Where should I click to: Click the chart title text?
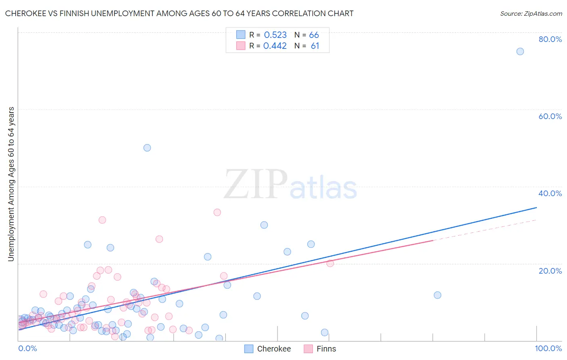179,13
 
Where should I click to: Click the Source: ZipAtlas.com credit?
531,13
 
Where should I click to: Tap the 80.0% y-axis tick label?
550,39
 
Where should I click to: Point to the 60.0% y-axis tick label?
550,116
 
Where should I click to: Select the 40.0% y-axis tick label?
550,193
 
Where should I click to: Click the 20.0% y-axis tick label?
550,271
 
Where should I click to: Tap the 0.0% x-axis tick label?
27,348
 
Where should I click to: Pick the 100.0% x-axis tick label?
548,348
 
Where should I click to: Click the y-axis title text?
11,184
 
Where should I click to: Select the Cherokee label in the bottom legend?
274,349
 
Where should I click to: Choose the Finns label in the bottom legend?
326,349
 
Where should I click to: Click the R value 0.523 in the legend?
275,35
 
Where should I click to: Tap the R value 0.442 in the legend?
275,46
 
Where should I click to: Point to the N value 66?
314,35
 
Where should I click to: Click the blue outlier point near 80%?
520,51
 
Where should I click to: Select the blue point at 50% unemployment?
147,148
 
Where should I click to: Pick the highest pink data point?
217,212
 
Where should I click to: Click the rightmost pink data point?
330,263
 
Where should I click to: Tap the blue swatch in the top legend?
241,35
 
